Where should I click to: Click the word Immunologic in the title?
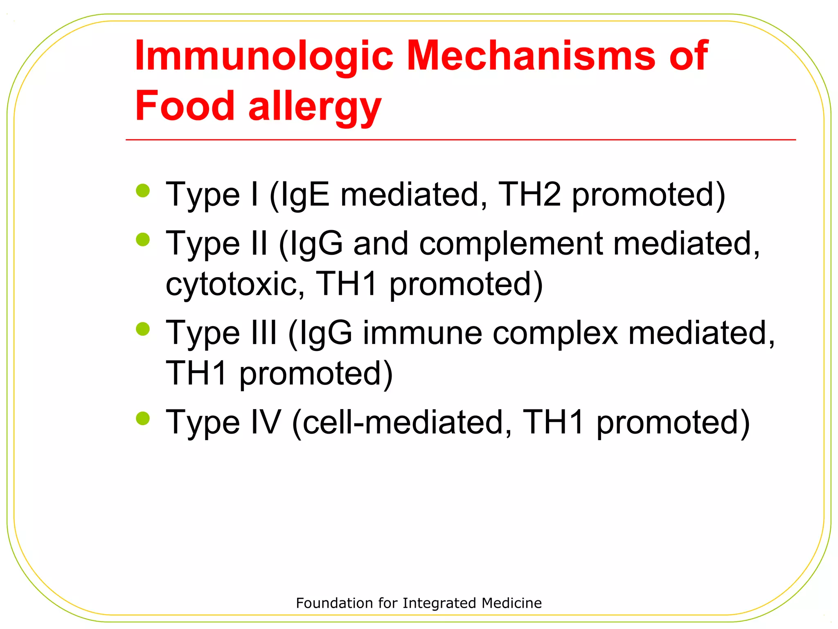(x=264, y=56)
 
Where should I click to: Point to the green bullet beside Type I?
(x=143, y=191)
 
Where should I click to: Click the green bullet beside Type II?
(x=143, y=240)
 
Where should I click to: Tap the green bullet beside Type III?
(x=143, y=329)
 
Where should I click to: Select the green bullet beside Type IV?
(x=143, y=419)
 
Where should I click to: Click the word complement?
(x=511, y=243)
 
